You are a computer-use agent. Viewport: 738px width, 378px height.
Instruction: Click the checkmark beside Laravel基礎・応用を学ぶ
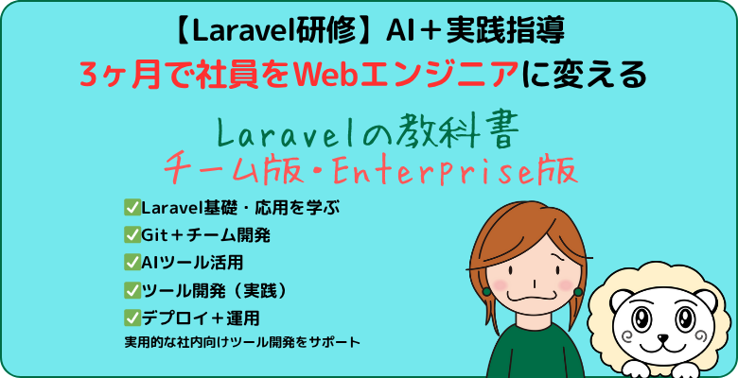tap(132, 207)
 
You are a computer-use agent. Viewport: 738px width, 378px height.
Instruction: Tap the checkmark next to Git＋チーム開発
tap(132, 235)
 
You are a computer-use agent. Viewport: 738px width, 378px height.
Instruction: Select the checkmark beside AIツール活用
tap(132, 263)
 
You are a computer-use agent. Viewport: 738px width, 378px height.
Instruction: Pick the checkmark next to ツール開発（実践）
tap(132, 290)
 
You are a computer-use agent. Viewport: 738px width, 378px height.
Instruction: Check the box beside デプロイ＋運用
tap(132, 318)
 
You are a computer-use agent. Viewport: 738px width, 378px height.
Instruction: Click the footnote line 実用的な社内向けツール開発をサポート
tap(242, 342)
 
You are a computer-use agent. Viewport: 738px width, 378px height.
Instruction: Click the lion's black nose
tap(662, 338)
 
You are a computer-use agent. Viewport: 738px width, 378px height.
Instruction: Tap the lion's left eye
tap(641, 320)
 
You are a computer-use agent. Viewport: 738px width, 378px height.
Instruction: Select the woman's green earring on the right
tap(578, 292)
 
